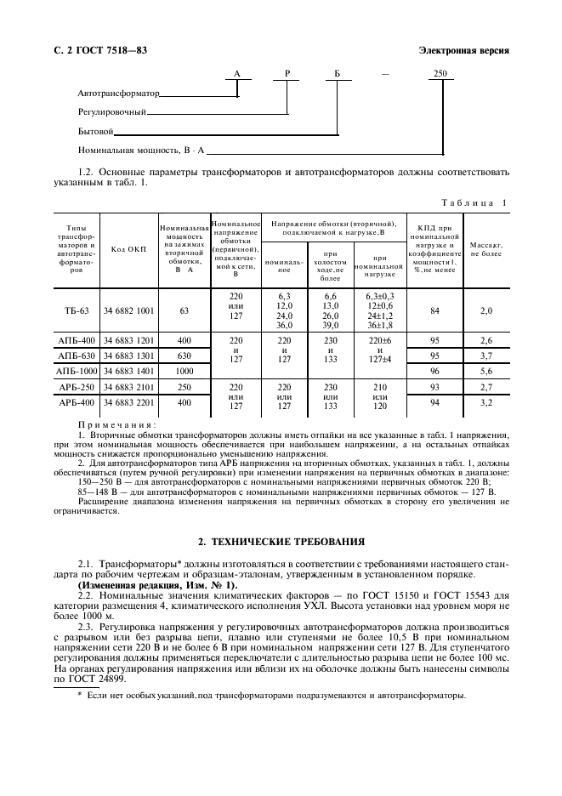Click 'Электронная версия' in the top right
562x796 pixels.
pyautogui.click(x=464, y=49)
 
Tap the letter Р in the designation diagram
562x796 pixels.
pyautogui.click(x=287, y=75)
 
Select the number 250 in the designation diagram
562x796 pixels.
pyautogui.click(x=440, y=75)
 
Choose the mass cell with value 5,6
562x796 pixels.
pyautogui.click(x=486, y=371)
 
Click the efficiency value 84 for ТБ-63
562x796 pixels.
pyautogui.click(x=434, y=311)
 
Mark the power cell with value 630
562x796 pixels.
pyautogui.click(x=184, y=355)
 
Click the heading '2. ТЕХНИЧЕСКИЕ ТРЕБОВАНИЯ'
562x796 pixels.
pyautogui.click(x=281, y=540)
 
